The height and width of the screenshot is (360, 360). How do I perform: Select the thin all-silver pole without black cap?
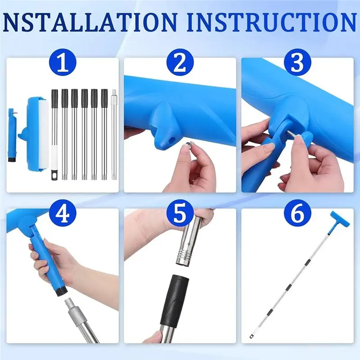click(113, 135)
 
